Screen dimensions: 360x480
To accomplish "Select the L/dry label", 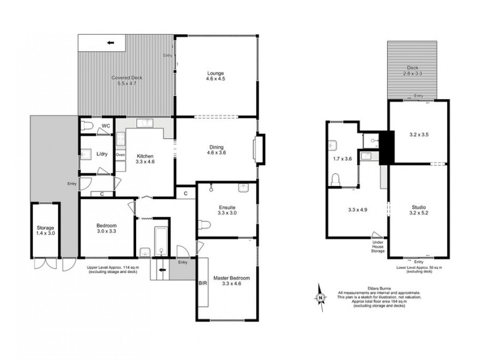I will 103,154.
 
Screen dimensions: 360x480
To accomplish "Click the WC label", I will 105,126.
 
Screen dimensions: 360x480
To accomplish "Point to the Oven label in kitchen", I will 121,155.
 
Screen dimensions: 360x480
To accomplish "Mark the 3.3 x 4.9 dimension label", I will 356,210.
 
